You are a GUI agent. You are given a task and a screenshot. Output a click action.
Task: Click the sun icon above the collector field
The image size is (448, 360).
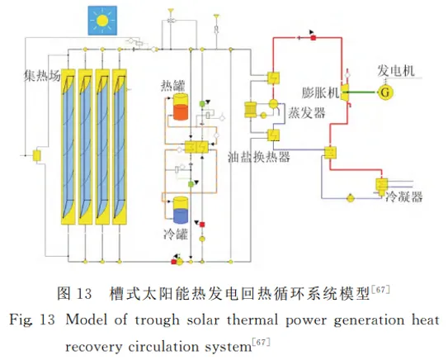tap(102, 21)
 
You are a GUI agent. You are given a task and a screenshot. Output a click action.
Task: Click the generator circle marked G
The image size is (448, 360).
tap(384, 92)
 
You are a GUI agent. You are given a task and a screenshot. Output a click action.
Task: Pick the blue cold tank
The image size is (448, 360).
tap(181, 210)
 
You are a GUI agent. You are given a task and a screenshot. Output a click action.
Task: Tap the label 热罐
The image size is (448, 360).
tap(173, 85)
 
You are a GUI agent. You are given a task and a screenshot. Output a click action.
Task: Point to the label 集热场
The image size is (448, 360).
tap(42, 75)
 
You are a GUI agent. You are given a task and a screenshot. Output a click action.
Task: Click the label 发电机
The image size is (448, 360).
tap(396, 70)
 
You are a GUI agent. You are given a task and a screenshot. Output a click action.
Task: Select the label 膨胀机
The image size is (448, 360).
tap(320, 92)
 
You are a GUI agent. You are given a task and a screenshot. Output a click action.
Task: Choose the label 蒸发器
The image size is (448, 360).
tap(307, 112)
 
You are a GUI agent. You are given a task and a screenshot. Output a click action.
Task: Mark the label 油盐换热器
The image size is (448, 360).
tap(259, 156)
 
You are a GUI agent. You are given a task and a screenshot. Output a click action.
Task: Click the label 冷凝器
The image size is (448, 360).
tap(403, 197)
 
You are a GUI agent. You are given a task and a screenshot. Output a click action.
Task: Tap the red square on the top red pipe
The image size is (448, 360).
tap(314, 38)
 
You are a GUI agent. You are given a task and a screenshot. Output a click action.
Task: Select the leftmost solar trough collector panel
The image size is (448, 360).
tap(68, 146)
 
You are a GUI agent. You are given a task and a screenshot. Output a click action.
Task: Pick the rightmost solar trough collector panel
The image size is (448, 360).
tap(120, 146)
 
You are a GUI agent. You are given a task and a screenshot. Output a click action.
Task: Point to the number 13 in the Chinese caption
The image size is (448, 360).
tap(85, 294)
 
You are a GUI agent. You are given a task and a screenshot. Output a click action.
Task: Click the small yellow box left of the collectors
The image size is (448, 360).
tap(37, 155)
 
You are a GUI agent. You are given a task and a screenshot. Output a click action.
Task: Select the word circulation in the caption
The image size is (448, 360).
tap(163, 347)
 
